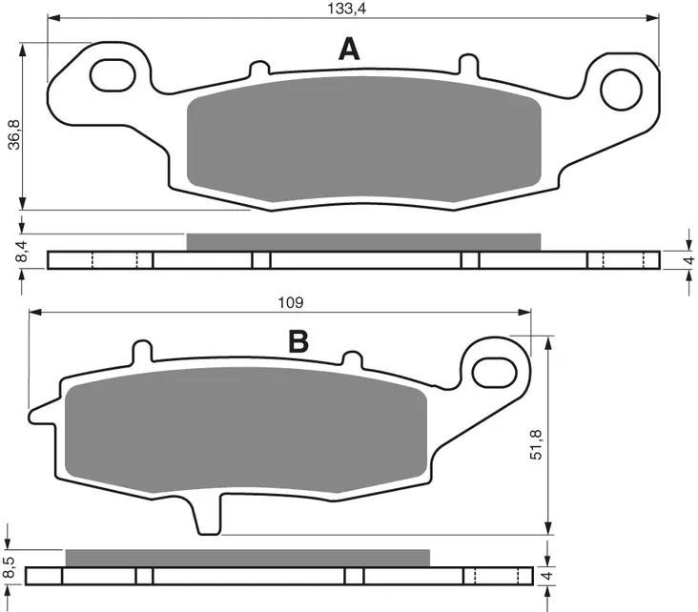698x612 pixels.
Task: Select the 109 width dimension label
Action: pyautogui.click(x=290, y=302)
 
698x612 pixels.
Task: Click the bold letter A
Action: pyautogui.click(x=350, y=50)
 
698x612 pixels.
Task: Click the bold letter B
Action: pyautogui.click(x=298, y=341)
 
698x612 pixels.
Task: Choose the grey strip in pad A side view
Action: pyautogui.click(x=363, y=242)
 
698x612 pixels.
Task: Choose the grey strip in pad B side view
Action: pyautogui.click(x=248, y=558)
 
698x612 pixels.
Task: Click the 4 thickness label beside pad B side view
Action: pyautogui.click(x=544, y=576)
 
